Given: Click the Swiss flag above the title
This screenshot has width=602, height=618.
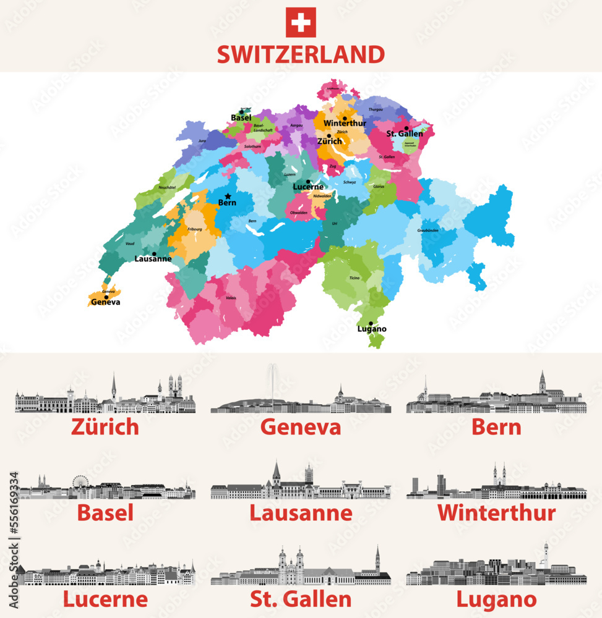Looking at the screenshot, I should (x=301, y=22).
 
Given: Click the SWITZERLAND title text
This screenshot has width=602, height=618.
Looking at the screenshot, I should (x=301, y=54).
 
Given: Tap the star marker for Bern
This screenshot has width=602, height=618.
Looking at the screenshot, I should (x=228, y=196).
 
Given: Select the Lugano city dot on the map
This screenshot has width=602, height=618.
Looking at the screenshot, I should (x=371, y=323).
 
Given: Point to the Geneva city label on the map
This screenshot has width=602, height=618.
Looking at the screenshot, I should (x=105, y=303).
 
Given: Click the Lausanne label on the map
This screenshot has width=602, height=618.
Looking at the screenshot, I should (x=153, y=259).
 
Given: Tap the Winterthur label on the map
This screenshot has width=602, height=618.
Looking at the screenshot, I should (x=345, y=124).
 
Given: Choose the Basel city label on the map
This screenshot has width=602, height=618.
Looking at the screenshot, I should (x=241, y=117).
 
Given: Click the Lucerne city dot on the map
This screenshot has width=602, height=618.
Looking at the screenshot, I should (x=308, y=182).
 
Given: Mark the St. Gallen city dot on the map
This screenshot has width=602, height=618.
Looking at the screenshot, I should (x=406, y=129).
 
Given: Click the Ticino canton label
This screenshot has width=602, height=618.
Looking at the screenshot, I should (x=353, y=279).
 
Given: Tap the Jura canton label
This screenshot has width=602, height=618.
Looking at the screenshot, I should (x=202, y=141).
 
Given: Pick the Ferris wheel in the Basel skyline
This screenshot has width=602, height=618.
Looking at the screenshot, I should (x=80, y=483).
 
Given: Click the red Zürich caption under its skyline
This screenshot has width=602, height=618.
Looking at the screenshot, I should (x=105, y=427).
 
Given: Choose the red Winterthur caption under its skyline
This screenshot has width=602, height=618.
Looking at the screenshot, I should (x=496, y=512).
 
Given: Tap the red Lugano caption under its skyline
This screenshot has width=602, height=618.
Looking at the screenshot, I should (x=496, y=599).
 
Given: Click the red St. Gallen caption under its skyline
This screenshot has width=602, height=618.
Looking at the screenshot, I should (x=301, y=599).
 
